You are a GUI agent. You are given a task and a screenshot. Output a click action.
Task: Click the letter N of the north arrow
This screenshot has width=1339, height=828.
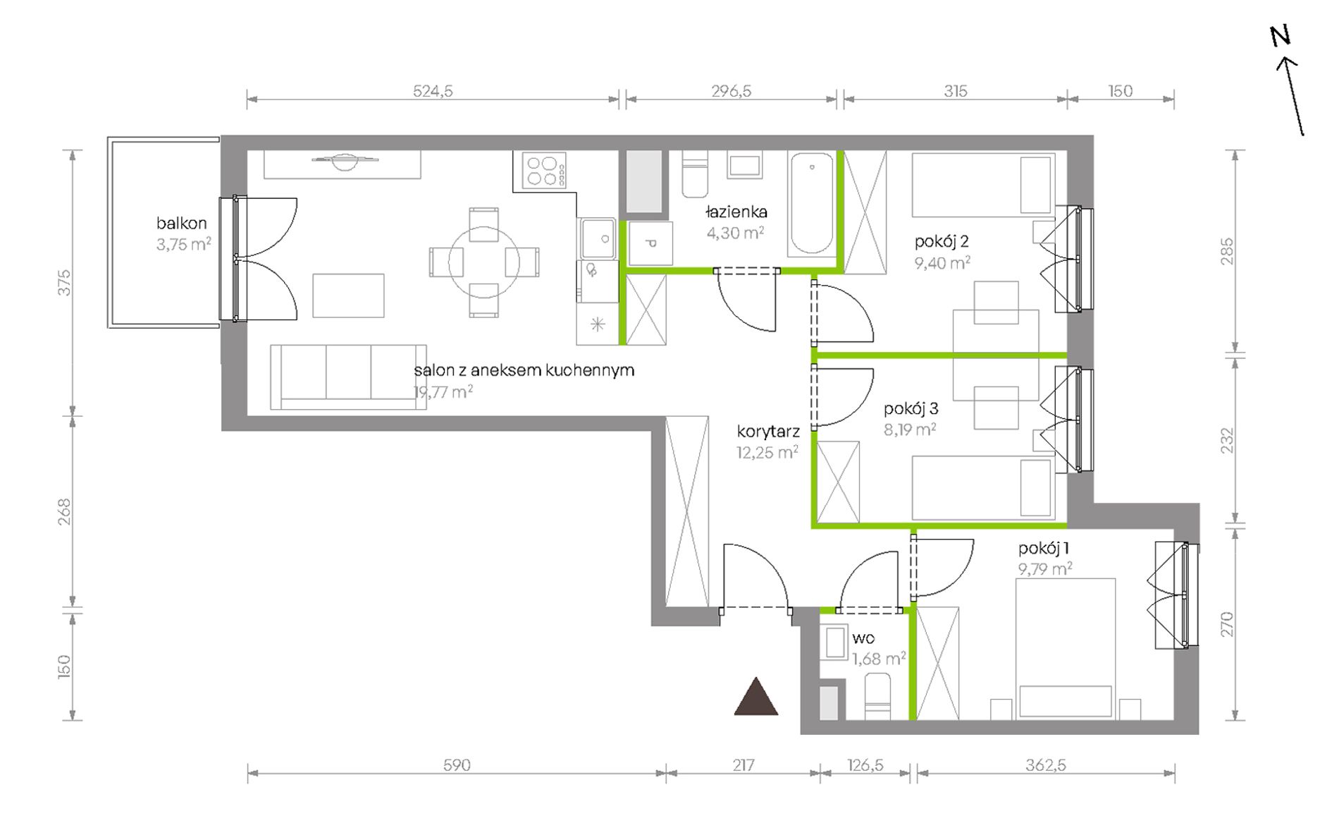1281,36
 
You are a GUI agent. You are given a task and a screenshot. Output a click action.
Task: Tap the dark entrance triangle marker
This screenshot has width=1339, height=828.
756,697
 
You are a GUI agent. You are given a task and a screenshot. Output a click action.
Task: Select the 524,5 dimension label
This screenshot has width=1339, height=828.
433,91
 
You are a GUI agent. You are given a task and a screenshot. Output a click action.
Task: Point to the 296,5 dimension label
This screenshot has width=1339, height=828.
732,91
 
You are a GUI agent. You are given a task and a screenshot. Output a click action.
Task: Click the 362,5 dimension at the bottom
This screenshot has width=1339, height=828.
1046,765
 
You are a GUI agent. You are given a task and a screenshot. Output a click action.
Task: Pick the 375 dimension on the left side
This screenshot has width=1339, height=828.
65,283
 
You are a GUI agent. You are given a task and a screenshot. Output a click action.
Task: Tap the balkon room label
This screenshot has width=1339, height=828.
182,223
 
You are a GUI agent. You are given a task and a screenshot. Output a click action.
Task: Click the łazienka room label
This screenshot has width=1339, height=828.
736,212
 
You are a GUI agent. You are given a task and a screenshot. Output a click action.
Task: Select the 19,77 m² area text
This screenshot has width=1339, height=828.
443,392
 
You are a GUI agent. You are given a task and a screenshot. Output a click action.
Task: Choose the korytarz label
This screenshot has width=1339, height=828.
768,431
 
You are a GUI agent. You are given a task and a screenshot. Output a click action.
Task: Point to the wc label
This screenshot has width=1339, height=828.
863,638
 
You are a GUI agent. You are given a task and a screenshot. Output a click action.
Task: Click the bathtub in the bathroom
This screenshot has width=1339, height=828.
812,204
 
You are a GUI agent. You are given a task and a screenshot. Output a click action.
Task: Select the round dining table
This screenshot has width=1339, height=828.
484,262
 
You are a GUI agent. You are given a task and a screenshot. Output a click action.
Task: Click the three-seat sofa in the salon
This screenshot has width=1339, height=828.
348,377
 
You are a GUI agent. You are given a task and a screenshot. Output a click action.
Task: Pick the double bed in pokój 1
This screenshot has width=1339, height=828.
1066,649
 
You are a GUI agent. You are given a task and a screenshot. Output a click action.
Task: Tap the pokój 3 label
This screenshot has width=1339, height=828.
911,408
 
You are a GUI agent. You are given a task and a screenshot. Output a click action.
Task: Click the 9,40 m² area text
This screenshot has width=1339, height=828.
943,263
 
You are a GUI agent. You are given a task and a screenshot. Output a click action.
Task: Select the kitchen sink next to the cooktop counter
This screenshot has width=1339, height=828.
598,238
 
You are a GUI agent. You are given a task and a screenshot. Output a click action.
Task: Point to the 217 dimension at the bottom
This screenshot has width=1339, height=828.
743,765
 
